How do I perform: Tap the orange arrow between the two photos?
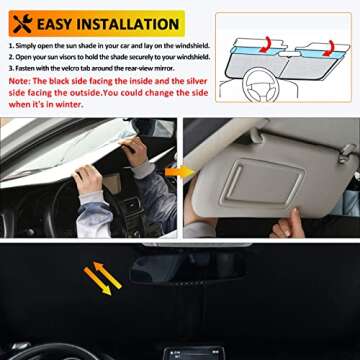coord(181,173)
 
